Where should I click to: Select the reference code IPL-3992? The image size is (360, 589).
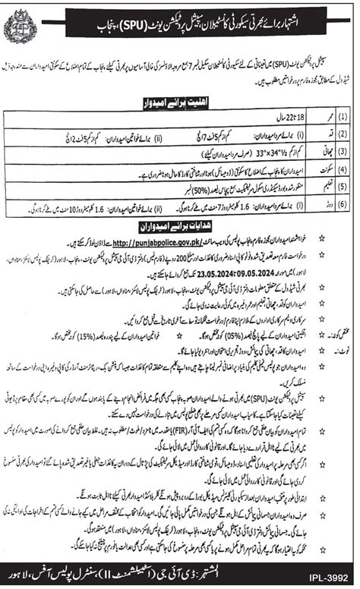pos(335,578)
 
